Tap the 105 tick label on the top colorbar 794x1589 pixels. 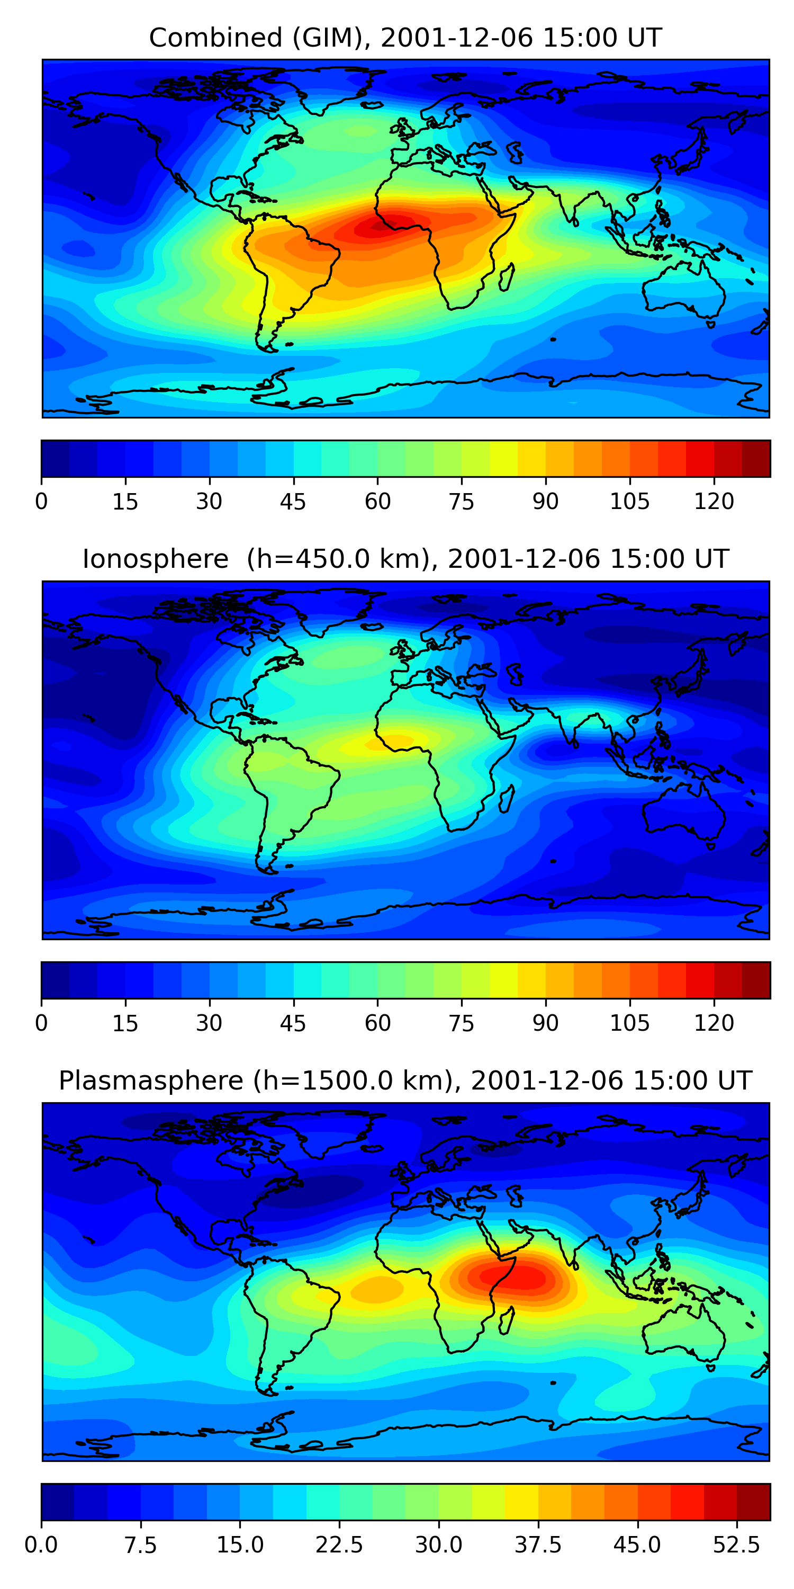click(629, 502)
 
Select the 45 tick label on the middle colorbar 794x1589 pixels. click(293, 1023)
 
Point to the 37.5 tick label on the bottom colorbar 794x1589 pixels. click(538, 1545)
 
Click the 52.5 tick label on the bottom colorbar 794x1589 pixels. click(736, 1545)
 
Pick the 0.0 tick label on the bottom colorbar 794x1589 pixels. click(41, 1545)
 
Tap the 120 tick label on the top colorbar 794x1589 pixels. click(714, 502)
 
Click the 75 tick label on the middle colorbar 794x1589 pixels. click(461, 1023)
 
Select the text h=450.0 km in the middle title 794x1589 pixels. click(337, 559)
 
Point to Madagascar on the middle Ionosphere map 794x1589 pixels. click(507, 799)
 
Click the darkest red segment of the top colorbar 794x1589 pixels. click(756, 458)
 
